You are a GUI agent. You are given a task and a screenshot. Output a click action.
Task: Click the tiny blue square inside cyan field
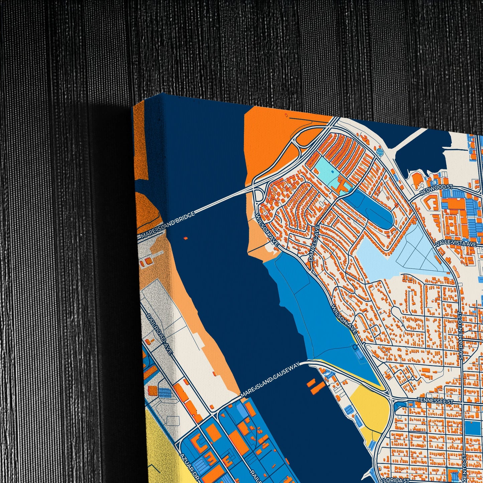[x=332, y=171]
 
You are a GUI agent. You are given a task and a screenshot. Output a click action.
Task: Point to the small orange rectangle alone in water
[x=186, y=238]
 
